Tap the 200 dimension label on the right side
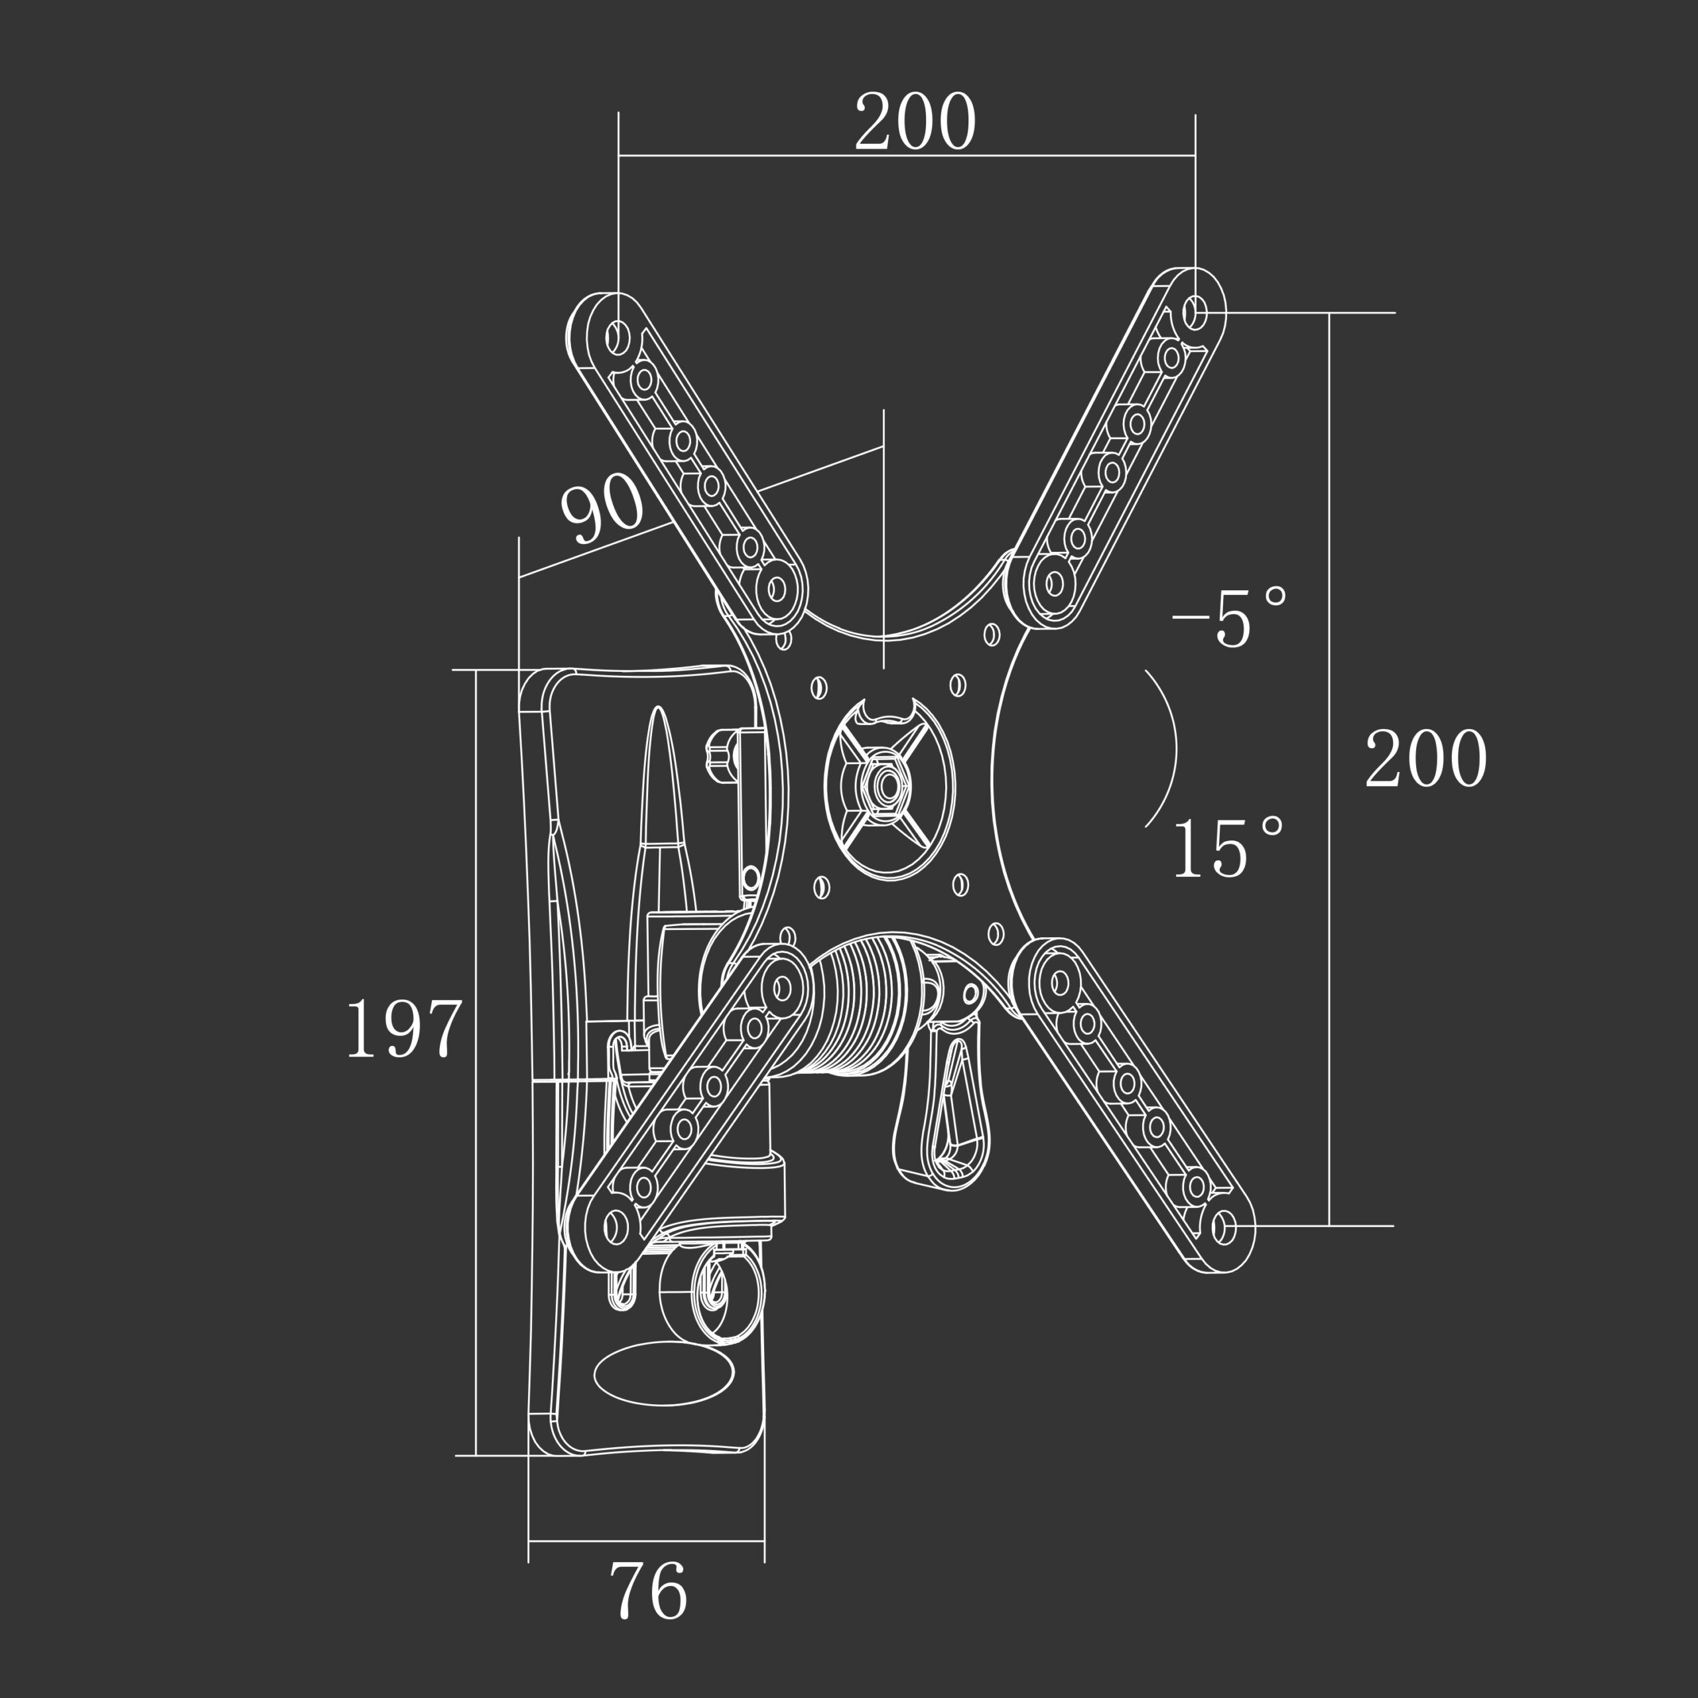(x=1425, y=757)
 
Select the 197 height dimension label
(x=405, y=1027)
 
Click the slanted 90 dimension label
(x=603, y=509)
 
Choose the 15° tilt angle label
(x=1228, y=847)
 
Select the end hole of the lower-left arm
(x=617, y=1223)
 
